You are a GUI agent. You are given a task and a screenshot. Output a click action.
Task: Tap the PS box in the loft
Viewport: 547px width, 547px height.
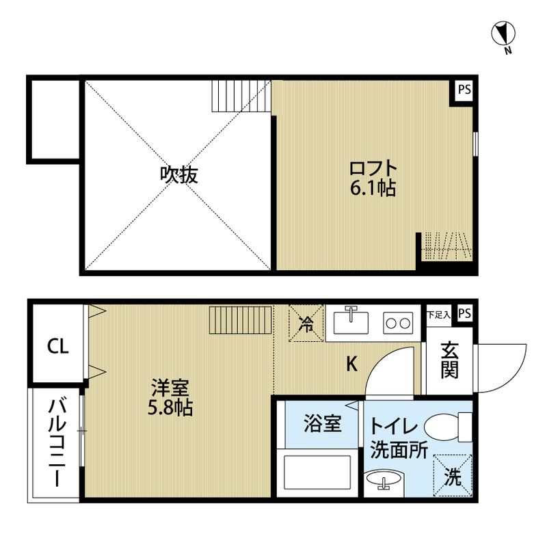coord(464,90)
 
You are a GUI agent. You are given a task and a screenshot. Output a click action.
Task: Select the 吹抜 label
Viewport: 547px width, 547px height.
coord(179,175)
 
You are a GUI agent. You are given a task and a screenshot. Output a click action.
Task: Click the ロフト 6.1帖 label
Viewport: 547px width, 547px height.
coord(373,178)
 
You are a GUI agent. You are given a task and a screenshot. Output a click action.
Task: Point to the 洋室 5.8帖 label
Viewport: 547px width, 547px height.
coord(171,398)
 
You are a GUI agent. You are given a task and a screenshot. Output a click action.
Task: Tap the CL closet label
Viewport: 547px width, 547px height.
coord(57,347)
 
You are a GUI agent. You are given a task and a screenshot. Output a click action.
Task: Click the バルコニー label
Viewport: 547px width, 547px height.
coord(55,441)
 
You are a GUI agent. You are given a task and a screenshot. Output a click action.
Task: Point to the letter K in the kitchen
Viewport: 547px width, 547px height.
coord(351,364)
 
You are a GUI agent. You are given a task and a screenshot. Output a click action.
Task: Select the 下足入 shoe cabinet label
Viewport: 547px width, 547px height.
coord(438,315)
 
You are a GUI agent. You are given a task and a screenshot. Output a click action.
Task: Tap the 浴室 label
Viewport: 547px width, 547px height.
coord(322,425)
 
